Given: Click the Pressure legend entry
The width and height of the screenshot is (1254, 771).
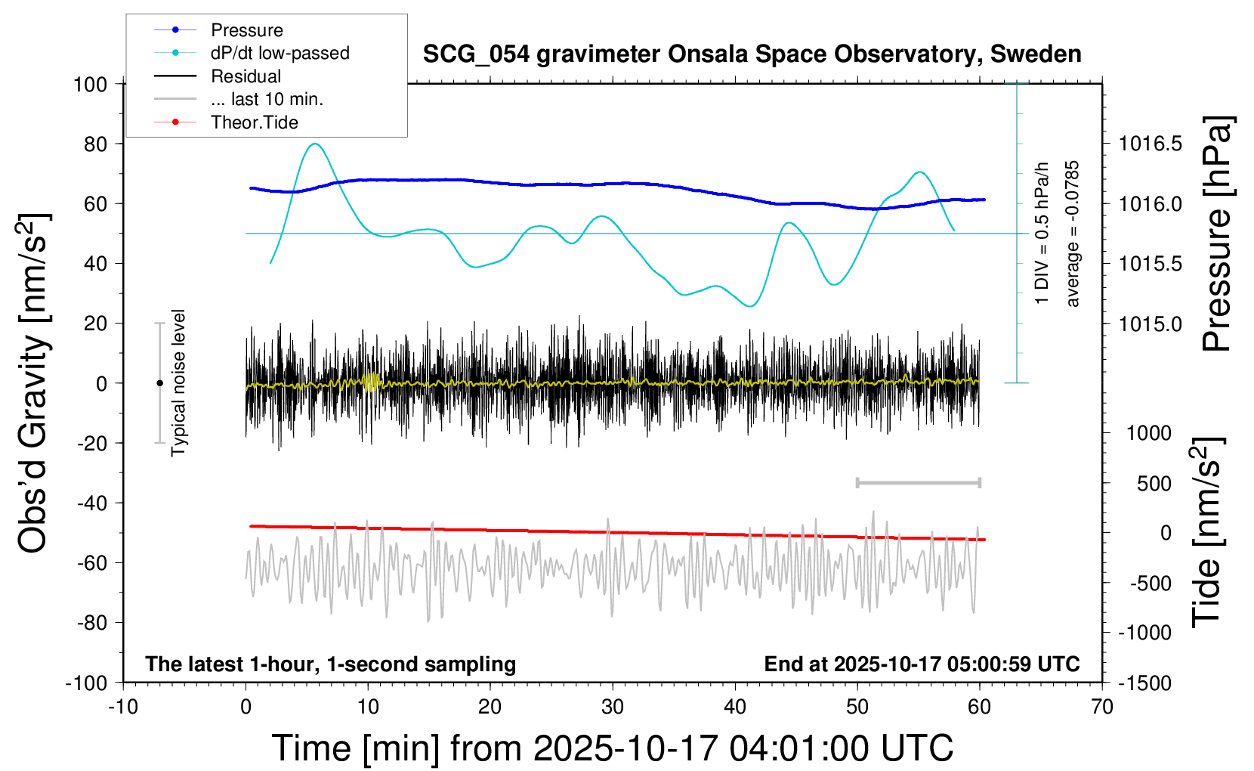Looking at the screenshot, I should coord(246,30).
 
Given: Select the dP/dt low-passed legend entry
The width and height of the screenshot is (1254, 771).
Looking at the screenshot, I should coord(280,53).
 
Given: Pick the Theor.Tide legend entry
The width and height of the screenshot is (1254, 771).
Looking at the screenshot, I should coord(254,122).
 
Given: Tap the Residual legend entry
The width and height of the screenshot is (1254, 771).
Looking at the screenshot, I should coord(246,76).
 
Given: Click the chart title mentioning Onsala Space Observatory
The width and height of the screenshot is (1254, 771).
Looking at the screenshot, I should coord(752,54).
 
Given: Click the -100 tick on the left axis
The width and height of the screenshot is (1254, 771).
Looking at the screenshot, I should coord(86,683).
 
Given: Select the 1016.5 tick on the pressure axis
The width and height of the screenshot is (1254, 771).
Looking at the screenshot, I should coord(1151,144).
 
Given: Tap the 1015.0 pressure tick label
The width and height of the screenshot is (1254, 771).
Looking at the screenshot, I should coord(1151,324).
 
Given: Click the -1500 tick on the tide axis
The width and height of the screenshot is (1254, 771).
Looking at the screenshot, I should coord(1144,683).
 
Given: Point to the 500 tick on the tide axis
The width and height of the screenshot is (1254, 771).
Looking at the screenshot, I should coord(1154,483).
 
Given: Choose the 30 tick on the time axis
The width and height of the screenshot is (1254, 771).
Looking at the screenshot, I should coord(613,707).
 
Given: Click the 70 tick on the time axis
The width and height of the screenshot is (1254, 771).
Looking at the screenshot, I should coord(1102,707).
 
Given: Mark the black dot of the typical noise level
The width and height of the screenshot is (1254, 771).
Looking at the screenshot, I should coord(159,383).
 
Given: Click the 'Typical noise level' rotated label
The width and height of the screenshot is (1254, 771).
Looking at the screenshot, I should coord(178,382).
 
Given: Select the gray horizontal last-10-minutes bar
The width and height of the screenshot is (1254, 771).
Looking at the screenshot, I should coord(918,482).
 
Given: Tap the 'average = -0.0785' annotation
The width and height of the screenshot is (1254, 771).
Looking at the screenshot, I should coord(1073,234).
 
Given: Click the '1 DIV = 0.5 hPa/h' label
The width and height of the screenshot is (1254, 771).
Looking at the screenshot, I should coord(1042,234).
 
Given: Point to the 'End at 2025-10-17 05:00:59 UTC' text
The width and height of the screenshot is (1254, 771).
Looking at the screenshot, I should coord(922,664).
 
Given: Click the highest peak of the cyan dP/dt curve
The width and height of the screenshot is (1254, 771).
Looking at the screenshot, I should coord(316,144).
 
